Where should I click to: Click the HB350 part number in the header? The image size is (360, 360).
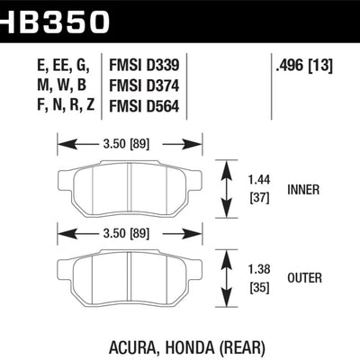coord(55,18)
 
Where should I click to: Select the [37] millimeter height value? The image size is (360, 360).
coord(259,198)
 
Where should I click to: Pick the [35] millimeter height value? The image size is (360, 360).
coord(259,287)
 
